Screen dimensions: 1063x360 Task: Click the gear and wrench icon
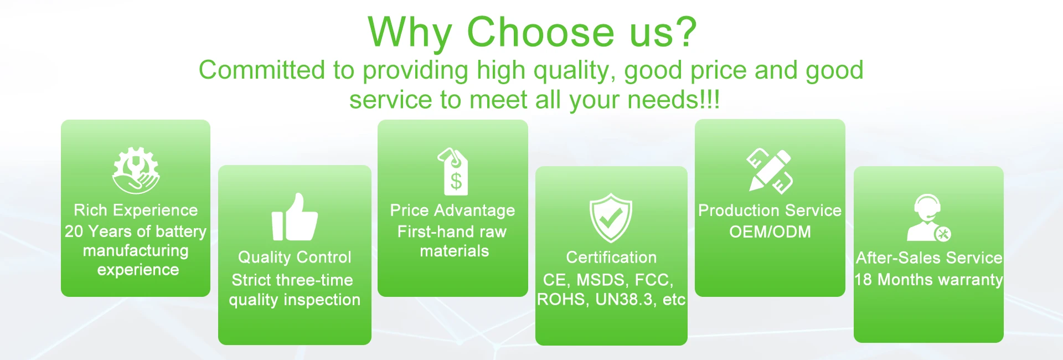point(136,170)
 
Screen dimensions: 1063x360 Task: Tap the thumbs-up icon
point(295,217)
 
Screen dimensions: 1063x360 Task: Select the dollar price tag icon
point(453,171)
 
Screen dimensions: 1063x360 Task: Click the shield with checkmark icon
point(611,218)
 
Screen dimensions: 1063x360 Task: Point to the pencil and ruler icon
point(770,171)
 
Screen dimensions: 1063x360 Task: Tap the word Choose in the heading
point(540,32)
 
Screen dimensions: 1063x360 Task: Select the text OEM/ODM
point(770,232)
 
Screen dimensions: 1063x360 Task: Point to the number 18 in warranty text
point(864,280)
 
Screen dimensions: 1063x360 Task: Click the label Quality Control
point(295,257)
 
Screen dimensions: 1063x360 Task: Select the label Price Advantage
point(452,210)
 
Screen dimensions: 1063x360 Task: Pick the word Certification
point(611,257)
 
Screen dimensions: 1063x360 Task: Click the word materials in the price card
point(455,251)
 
